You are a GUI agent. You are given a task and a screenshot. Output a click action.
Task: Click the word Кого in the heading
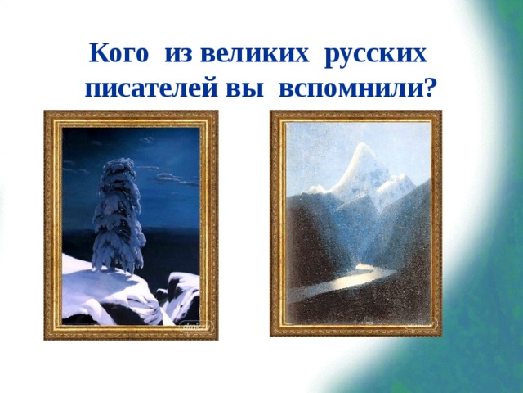point(118,55)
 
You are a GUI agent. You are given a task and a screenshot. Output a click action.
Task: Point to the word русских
point(375,55)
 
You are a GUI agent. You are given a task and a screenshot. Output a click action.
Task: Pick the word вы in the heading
point(230,86)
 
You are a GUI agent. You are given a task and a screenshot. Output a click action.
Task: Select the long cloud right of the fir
point(176,178)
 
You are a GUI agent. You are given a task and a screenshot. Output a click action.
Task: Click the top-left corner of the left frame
point(46,112)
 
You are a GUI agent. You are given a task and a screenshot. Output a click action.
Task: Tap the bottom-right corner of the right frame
point(440,335)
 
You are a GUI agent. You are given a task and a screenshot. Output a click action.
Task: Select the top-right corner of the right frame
point(440,112)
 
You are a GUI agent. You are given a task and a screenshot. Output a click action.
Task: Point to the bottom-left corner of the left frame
point(46,338)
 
